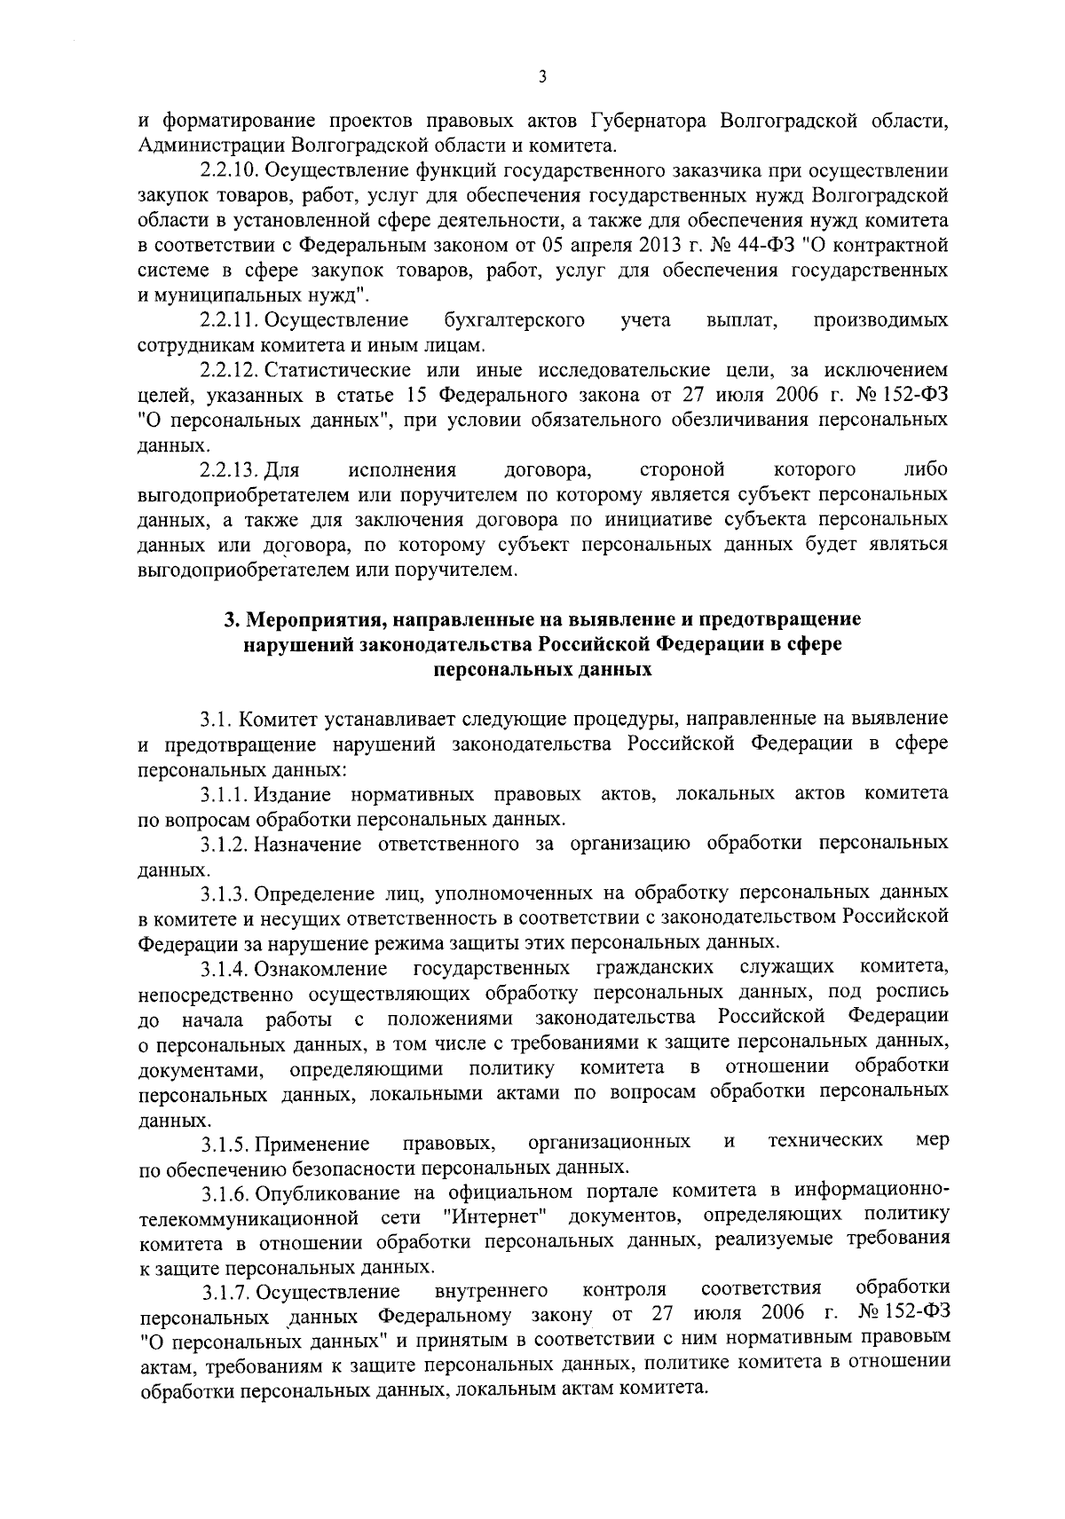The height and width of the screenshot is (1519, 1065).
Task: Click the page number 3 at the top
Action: (542, 78)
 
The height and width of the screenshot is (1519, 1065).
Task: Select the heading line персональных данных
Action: (542, 670)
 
